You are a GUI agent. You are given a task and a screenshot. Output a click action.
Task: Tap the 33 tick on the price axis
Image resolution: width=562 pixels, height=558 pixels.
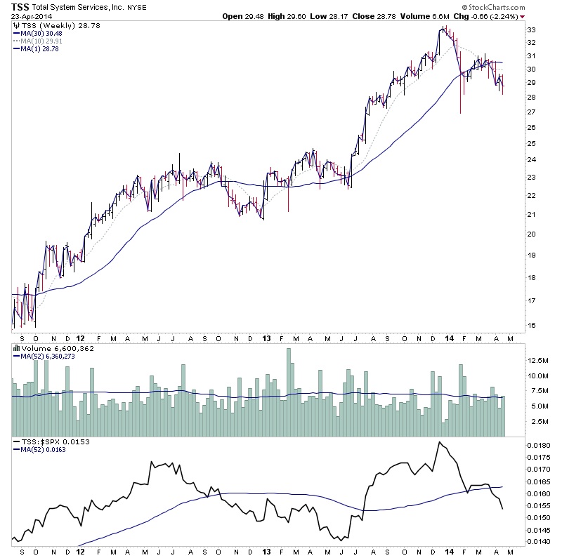click(x=532, y=30)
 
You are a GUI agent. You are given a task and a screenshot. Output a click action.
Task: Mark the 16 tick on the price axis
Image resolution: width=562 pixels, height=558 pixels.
click(x=532, y=326)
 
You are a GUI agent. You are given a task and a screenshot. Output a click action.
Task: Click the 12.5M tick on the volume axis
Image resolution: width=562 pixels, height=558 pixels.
click(x=538, y=360)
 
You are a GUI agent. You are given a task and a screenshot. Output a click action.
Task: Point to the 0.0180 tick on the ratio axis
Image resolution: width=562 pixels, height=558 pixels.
click(x=540, y=446)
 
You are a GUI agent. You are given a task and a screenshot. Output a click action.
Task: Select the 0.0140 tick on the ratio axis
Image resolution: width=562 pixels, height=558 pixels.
click(x=540, y=542)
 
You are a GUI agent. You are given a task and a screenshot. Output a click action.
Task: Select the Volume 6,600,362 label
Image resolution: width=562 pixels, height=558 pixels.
click(x=56, y=349)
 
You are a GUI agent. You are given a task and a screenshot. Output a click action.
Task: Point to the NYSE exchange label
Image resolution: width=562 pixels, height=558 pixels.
click(x=136, y=8)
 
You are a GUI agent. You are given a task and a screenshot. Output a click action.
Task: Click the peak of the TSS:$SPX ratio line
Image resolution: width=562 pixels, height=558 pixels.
click(x=440, y=442)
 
